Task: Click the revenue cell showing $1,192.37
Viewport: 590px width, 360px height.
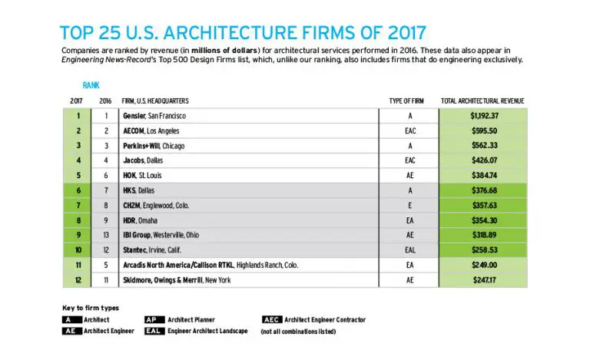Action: pyautogui.click(x=484, y=115)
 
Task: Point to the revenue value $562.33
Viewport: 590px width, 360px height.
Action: pyautogui.click(x=484, y=146)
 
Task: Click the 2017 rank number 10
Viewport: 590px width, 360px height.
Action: pyautogui.click(x=78, y=249)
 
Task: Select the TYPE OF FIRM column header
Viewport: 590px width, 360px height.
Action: pyautogui.click(x=406, y=101)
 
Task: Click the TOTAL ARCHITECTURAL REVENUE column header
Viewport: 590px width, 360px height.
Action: pyautogui.click(x=483, y=101)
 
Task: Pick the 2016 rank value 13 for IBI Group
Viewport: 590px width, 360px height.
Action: pyautogui.click(x=105, y=235)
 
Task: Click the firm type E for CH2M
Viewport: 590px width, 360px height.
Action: pyautogui.click(x=410, y=205)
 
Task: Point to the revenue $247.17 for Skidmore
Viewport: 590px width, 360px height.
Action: pyautogui.click(x=484, y=280)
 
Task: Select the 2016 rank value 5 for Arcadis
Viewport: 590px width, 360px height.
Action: pyautogui.click(x=105, y=265)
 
